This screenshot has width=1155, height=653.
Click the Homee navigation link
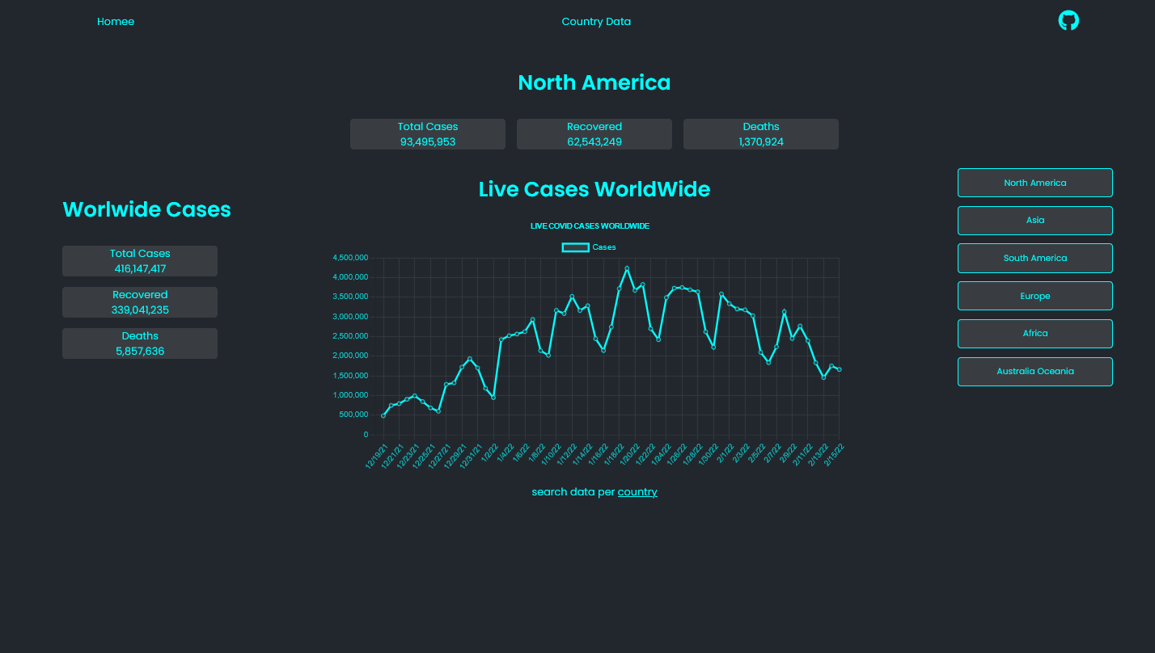click(116, 22)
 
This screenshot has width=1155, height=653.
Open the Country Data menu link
click(596, 22)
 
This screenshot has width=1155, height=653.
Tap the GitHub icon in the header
click(1068, 21)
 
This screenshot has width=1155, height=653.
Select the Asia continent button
click(1034, 220)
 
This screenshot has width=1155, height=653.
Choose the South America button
click(1034, 258)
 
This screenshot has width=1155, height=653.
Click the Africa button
click(1034, 333)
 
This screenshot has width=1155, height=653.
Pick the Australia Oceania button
click(1034, 371)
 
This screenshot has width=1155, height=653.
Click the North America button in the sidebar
click(1034, 183)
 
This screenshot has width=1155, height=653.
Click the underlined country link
click(637, 491)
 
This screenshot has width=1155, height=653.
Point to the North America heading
click(594, 82)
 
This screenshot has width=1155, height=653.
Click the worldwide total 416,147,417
click(140, 269)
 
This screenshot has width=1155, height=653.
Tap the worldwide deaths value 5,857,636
click(140, 352)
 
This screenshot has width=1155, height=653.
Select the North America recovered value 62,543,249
click(594, 142)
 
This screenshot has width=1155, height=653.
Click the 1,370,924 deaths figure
click(760, 142)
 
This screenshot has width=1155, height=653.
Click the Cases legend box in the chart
click(575, 247)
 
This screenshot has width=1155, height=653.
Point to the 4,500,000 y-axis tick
click(350, 258)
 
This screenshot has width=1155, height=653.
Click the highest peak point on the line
click(627, 268)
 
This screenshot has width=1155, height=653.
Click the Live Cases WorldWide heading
click(594, 189)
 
